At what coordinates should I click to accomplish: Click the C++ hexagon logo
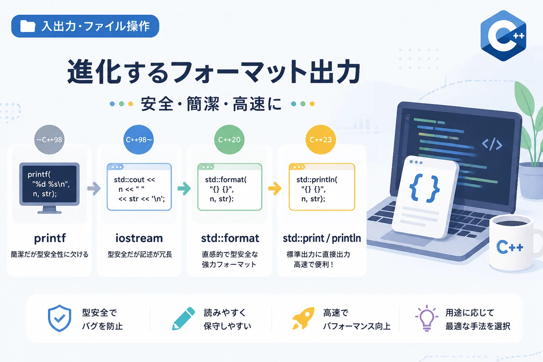(x=503, y=36)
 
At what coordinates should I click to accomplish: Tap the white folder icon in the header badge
(x=28, y=26)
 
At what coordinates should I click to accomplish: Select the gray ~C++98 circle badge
(x=49, y=140)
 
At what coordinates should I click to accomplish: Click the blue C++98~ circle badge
(x=139, y=140)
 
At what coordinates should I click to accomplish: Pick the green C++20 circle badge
(x=229, y=140)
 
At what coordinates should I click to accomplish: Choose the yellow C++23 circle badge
(x=321, y=140)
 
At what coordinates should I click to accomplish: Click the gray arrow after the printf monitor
(x=94, y=188)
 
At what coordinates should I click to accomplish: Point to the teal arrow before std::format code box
(x=184, y=188)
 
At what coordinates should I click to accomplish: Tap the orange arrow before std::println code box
(x=275, y=188)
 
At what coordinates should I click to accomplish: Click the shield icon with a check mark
(x=59, y=318)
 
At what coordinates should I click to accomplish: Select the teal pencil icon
(x=183, y=319)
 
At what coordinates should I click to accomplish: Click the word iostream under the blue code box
(x=139, y=238)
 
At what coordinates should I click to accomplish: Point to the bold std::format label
(x=230, y=238)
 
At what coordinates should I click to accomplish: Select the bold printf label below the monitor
(x=50, y=239)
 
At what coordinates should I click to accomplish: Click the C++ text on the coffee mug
(x=509, y=247)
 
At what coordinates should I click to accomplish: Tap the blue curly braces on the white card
(x=425, y=188)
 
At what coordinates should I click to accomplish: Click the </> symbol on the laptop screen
(x=492, y=145)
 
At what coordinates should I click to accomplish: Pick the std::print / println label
(x=322, y=239)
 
